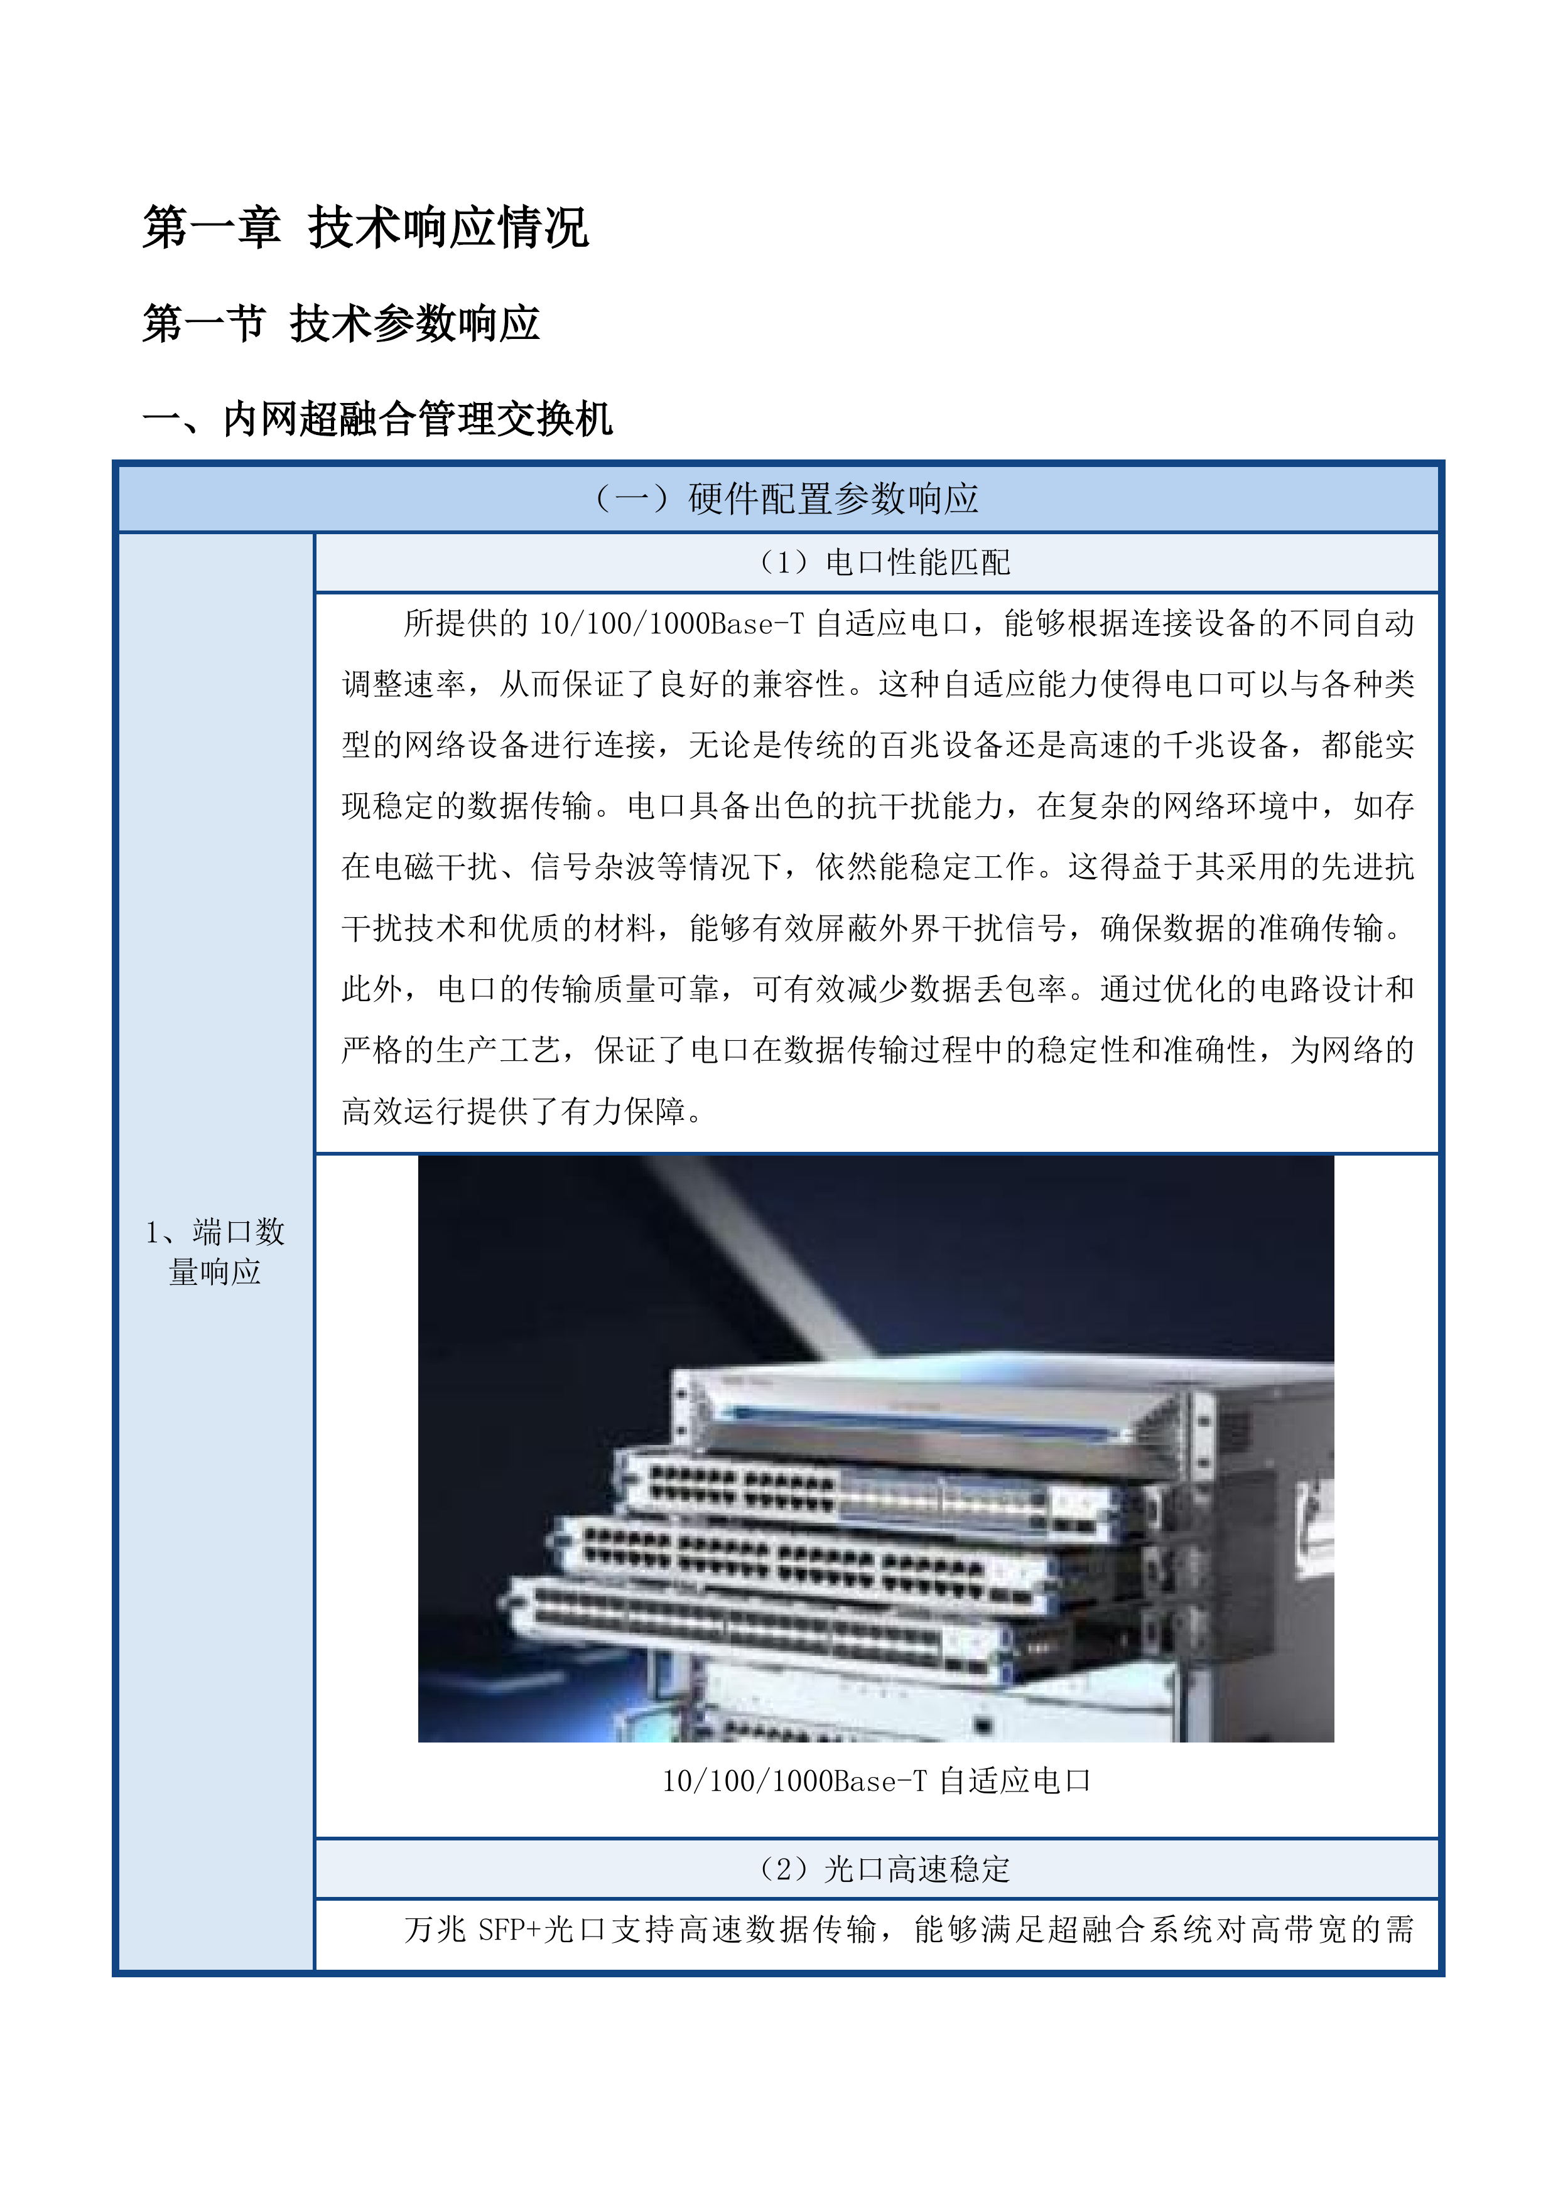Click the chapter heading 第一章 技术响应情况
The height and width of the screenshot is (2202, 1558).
pos(365,228)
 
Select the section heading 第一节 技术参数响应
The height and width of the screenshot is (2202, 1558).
pos(340,323)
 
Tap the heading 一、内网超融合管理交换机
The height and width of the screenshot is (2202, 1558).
pos(377,419)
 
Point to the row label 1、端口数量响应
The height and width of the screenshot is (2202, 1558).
pos(215,1252)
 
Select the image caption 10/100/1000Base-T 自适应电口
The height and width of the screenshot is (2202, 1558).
pos(876,1781)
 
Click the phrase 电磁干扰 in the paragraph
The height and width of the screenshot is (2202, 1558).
pos(435,867)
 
